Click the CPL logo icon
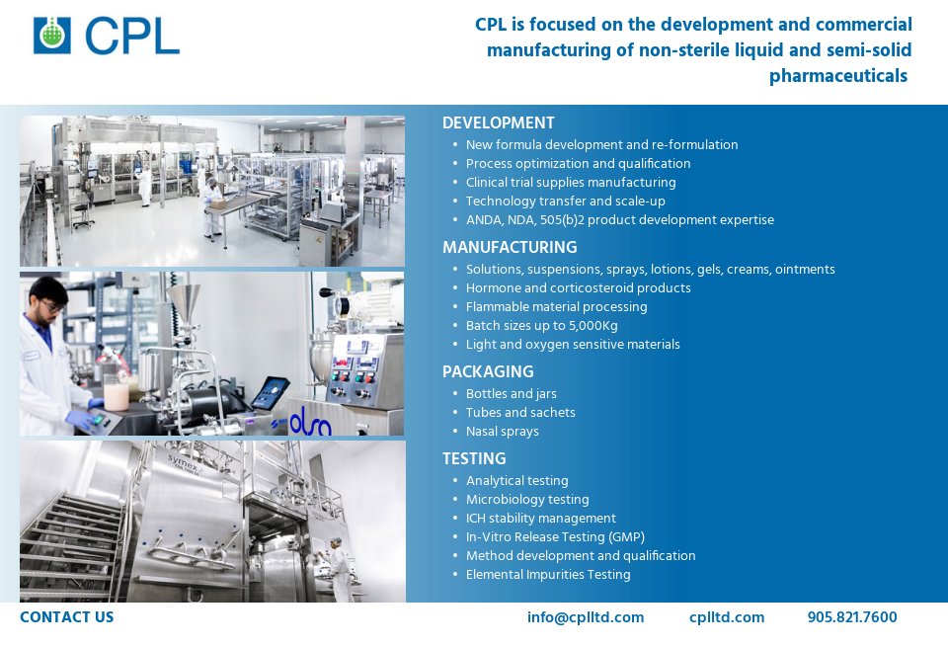click(x=52, y=35)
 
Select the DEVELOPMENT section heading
click(x=498, y=123)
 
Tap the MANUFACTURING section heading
click(x=510, y=247)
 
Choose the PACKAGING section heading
click(x=488, y=371)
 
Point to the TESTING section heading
click(x=474, y=458)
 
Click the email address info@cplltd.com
click(x=586, y=617)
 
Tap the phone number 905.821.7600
click(x=852, y=617)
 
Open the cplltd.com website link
click(x=727, y=617)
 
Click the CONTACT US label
click(x=67, y=617)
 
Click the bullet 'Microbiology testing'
click(x=527, y=500)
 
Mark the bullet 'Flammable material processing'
click(x=556, y=307)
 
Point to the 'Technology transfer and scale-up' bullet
click(x=565, y=202)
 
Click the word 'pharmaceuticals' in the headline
click(x=837, y=76)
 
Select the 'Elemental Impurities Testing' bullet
click(x=548, y=575)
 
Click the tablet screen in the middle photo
click(x=269, y=392)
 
